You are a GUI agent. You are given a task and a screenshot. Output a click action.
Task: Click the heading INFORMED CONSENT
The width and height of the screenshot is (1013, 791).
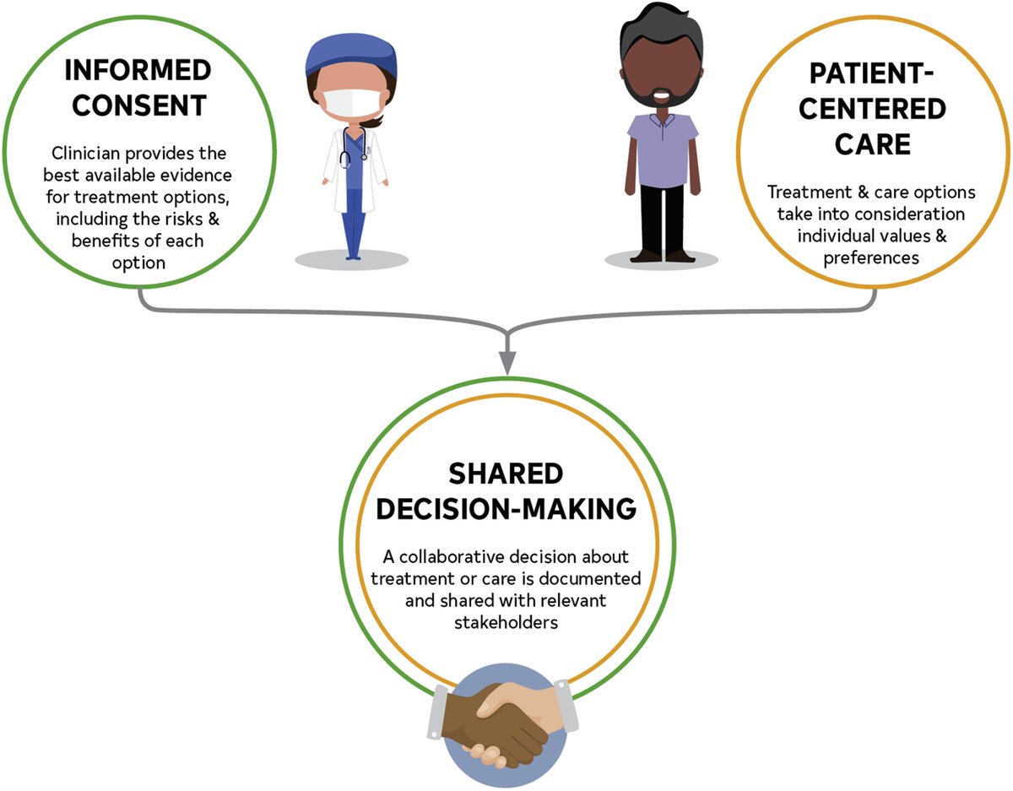[136, 89]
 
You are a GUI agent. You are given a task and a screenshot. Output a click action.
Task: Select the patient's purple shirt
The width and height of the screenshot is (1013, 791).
[661, 149]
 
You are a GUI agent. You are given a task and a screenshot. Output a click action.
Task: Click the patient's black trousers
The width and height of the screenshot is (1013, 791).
[661, 216]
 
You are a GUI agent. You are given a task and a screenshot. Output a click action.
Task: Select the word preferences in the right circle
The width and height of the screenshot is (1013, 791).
[872, 258]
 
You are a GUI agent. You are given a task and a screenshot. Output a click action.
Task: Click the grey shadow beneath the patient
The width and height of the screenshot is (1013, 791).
[662, 259]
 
